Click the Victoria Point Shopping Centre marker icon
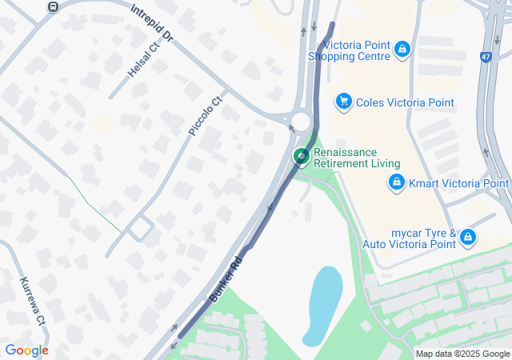(x=402, y=50)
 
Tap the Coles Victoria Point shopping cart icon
(x=344, y=102)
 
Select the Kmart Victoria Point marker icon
(x=396, y=183)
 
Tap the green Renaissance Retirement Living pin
(x=302, y=156)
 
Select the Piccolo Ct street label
(x=204, y=116)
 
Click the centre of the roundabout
(x=301, y=121)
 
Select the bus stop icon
(x=53, y=6)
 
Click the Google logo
(x=26, y=350)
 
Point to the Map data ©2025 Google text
(x=462, y=354)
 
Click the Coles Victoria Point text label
(x=405, y=102)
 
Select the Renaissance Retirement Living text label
(x=357, y=158)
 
